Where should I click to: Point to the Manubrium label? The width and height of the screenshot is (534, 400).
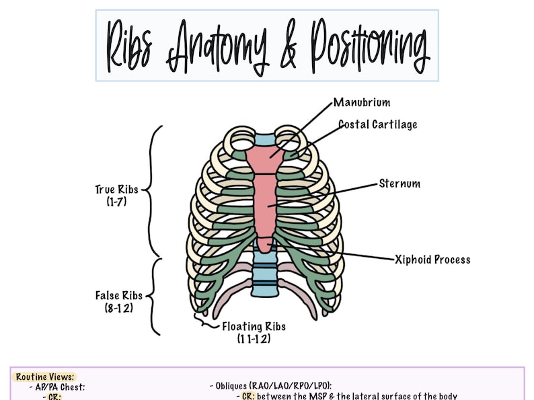362,103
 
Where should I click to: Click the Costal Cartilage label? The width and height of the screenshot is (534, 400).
377,124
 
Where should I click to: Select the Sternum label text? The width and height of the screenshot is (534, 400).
399,183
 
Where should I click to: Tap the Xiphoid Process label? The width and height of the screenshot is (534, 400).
432,259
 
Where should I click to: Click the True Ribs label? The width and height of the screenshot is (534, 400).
116,190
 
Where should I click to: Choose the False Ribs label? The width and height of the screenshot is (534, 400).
116,295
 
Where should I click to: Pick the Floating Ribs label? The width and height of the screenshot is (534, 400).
254,327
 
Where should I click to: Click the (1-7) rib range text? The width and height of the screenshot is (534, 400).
116,201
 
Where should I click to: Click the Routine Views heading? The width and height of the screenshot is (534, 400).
45,377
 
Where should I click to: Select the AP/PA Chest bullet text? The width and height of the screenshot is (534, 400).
57,387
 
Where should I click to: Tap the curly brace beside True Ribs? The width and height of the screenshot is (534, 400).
154,190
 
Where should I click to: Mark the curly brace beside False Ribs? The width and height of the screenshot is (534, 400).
153,296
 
